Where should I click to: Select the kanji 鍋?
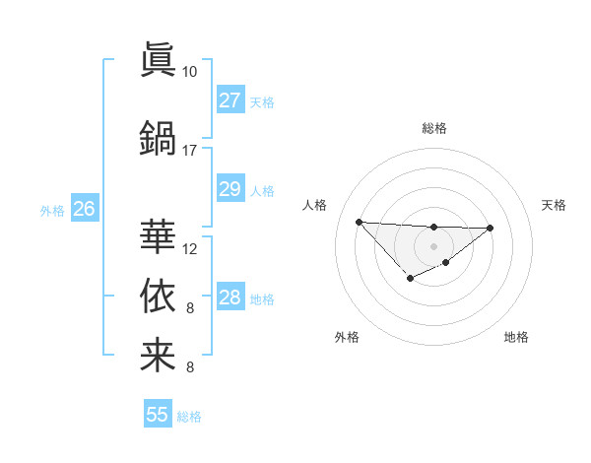[158, 137]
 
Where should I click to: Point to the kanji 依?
[158, 295]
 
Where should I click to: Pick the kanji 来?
[158, 355]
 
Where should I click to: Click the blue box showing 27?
[230, 100]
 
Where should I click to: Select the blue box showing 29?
[230, 189]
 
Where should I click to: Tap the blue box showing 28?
[230, 298]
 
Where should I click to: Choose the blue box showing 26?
[84, 208]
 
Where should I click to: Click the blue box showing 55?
[158, 415]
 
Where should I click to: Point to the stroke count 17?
[190, 151]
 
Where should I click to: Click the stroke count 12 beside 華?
[190, 248]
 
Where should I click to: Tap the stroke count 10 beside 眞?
[190, 72]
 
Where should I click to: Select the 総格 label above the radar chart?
[433, 128]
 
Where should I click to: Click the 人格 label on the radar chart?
[315, 205]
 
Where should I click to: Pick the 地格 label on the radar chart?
[516, 337]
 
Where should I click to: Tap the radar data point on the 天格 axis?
[491, 228]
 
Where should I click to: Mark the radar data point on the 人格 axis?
[359, 221]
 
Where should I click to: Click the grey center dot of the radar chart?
[433, 245]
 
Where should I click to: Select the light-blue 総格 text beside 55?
[189, 417]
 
